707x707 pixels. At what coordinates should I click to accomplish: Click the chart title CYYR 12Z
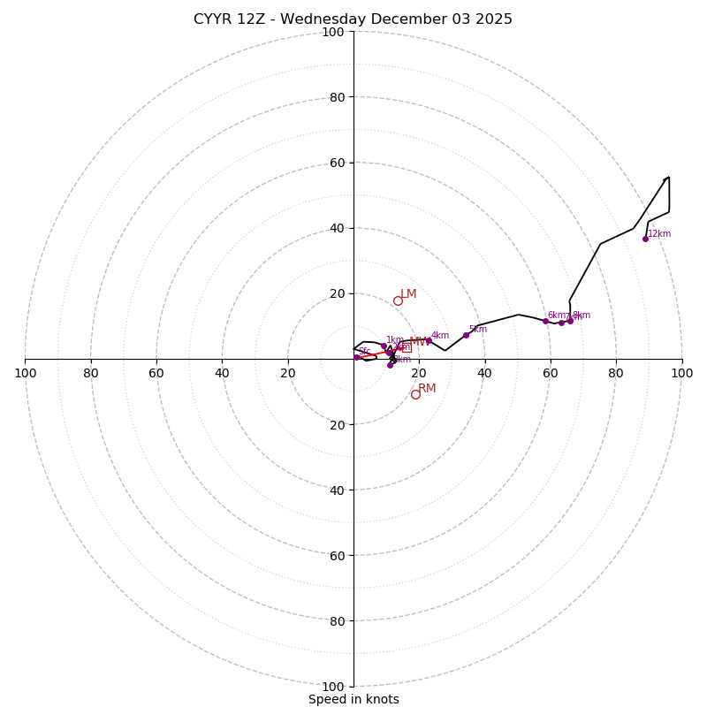point(353,19)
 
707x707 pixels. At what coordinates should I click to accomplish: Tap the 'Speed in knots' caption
point(353,699)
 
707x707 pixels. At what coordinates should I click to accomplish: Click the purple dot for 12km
point(645,239)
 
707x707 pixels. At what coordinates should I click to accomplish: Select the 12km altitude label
point(659,234)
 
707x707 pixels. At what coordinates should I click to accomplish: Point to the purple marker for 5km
point(466,335)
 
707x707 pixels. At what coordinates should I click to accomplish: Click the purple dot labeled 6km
point(545,321)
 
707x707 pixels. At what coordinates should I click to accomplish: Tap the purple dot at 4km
point(429,340)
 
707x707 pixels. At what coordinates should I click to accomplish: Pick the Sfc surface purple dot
point(356,357)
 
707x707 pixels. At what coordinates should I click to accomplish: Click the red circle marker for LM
point(398,300)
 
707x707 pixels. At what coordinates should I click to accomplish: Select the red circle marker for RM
point(415,394)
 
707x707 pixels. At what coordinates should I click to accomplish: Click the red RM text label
point(427,388)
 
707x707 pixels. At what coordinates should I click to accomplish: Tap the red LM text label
point(408,294)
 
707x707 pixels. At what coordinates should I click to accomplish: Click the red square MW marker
point(406,347)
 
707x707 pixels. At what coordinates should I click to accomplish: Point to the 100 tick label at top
point(333,32)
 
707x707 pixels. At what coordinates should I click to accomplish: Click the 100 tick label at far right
point(681,373)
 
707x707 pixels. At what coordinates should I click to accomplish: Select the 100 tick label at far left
point(25,373)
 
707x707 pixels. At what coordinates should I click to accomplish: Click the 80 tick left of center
point(91,373)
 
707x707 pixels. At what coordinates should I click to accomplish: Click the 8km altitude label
point(582,315)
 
